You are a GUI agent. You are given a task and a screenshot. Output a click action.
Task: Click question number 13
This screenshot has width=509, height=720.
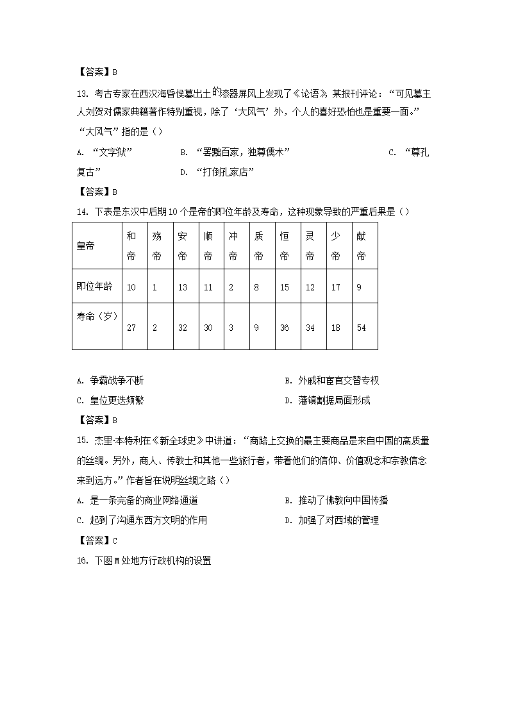(x=81, y=92)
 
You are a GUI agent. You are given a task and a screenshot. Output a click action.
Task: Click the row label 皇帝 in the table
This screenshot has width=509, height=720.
(x=85, y=246)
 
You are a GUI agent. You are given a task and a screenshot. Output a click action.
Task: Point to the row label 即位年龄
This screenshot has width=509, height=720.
(x=94, y=287)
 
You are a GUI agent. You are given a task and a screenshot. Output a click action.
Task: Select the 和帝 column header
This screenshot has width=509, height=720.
(x=131, y=246)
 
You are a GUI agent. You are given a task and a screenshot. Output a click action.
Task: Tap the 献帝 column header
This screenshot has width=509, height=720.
(x=362, y=246)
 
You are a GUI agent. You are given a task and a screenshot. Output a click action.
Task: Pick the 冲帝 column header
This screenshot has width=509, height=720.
(x=233, y=246)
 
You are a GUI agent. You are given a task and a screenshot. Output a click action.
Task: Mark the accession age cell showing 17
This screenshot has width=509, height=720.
(x=336, y=287)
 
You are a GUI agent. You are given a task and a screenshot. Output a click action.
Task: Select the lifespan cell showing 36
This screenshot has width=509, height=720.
(x=285, y=328)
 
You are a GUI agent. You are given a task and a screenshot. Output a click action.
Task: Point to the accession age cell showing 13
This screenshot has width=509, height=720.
(x=183, y=287)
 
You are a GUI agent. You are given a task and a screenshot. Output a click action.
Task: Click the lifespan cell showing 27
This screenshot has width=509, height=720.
(x=131, y=328)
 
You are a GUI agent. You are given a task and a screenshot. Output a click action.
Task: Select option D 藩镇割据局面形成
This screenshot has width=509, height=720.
(x=329, y=401)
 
